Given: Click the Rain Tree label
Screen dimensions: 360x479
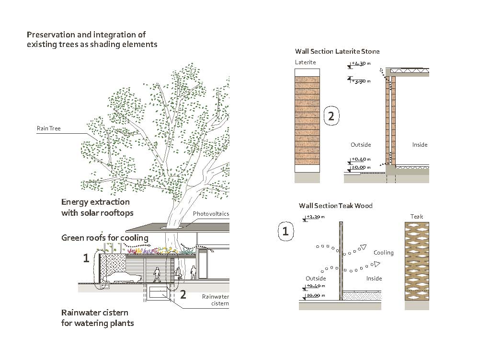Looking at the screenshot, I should tap(48, 128).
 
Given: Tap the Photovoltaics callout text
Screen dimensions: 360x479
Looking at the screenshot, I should tap(211, 214).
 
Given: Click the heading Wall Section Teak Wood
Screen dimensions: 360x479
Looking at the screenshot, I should tap(335, 206).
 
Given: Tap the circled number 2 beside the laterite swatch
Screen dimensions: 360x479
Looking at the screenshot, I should tap(331, 116).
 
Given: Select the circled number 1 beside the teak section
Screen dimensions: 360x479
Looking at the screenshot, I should tap(285, 232).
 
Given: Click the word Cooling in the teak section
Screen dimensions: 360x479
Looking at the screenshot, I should tap(383, 253).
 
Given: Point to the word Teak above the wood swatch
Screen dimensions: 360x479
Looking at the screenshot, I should tap(417, 217).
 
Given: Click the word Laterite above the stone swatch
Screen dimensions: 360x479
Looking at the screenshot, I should tap(305, 62).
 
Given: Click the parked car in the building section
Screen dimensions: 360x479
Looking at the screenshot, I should tap(122, 278).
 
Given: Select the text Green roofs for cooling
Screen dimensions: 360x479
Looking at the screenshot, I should tap(104, 238).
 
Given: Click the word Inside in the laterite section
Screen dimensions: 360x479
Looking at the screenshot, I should tap(420, 144).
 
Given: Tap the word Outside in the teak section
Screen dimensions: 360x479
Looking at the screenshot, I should tap(316, 279).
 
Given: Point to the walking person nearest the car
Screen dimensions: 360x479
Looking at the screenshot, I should tap(157, 275).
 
